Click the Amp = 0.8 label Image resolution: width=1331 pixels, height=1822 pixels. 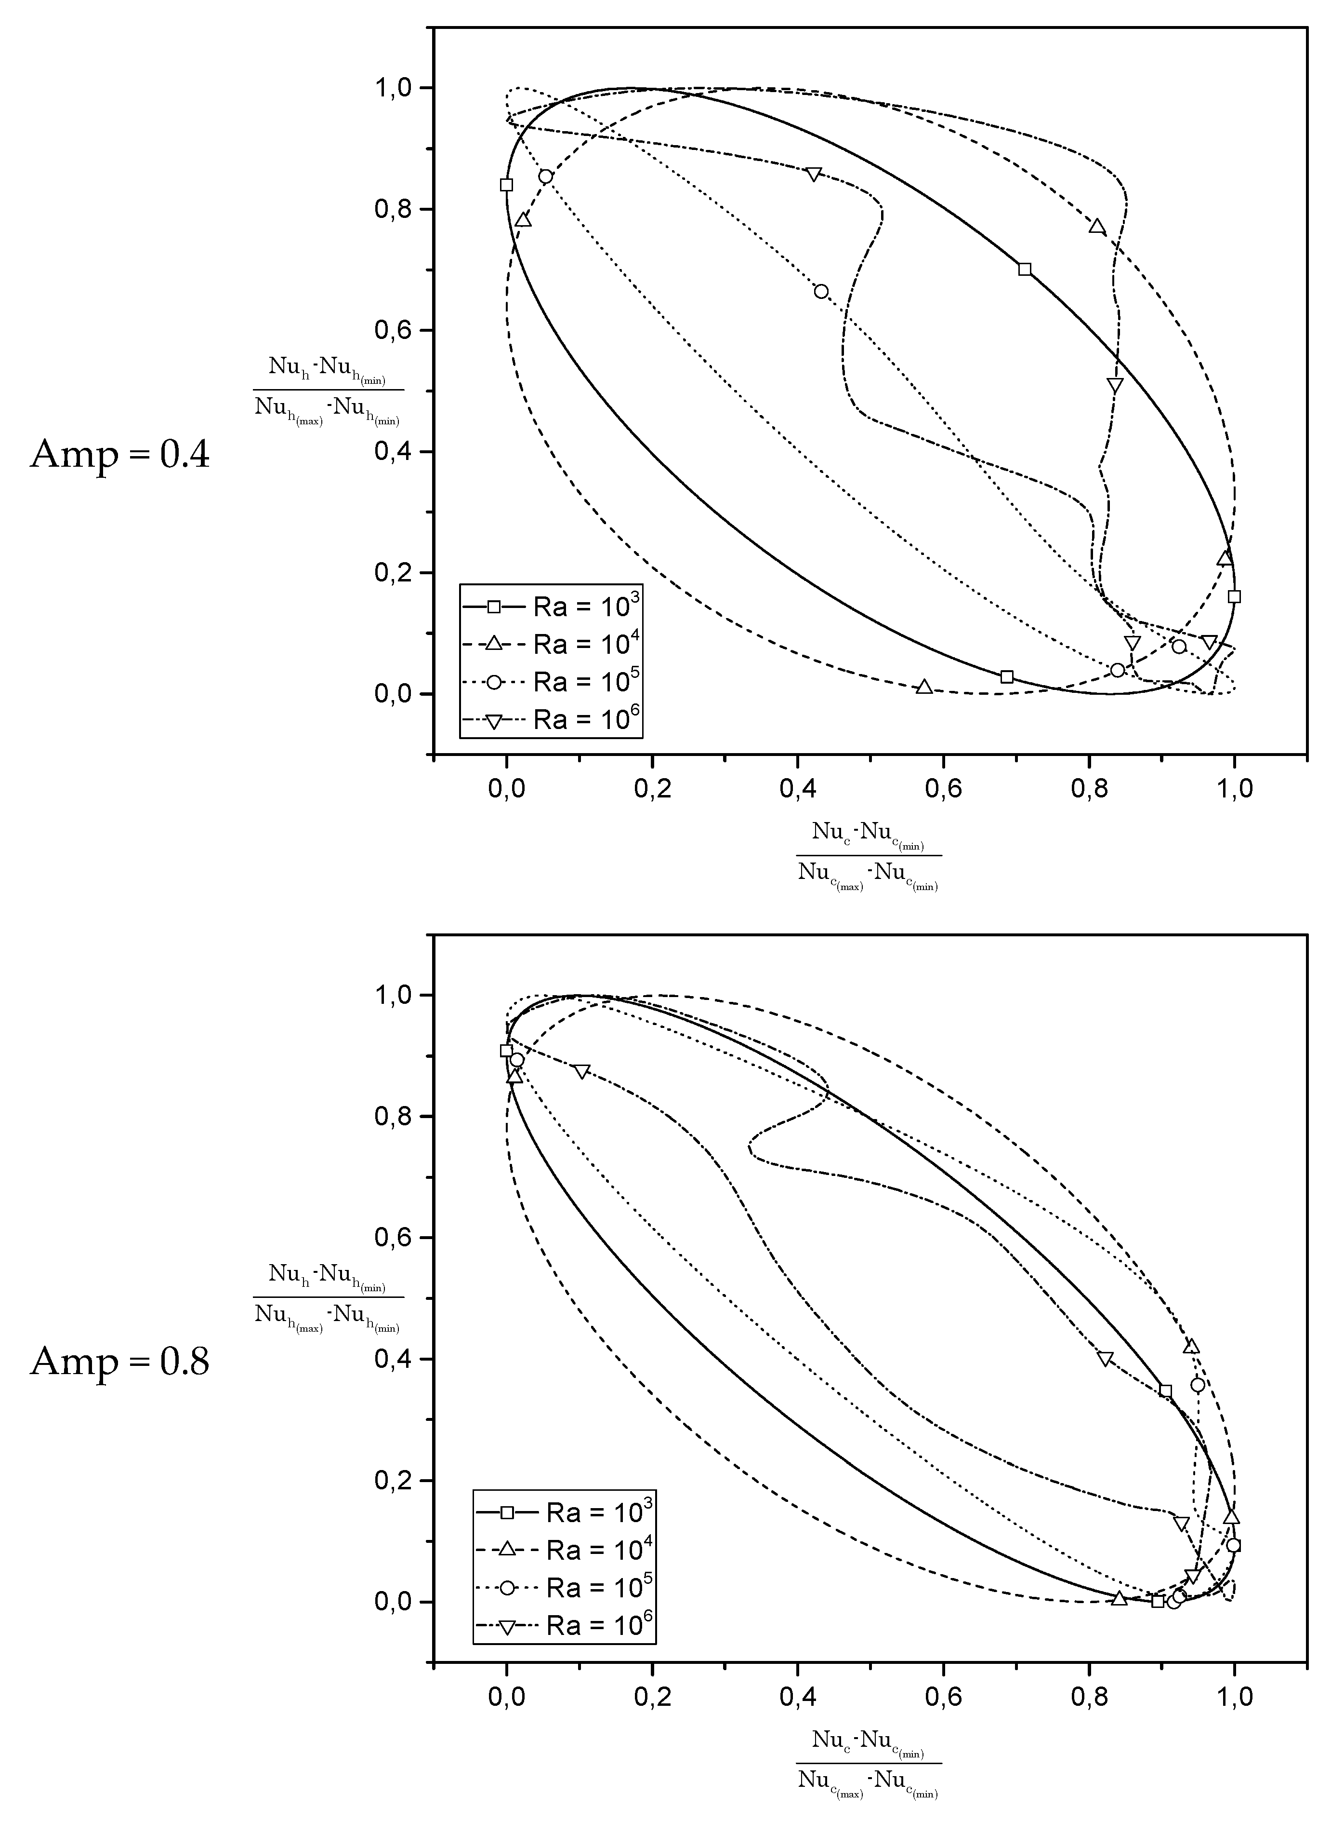click(x=120, y=1362)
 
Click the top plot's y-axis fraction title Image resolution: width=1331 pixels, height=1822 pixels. click(x=328, y=392)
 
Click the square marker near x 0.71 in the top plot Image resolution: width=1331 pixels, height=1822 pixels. click(x=1025, y=269)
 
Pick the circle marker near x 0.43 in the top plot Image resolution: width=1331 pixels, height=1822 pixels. click(x=821, y=292)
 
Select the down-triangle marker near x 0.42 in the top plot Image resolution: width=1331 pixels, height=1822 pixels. click(x=814, y=175)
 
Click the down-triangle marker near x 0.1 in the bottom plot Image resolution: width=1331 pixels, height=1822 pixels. click(x=582, y=1071)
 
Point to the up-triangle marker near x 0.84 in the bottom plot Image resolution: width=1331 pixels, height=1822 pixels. click(x=1119, y=1599)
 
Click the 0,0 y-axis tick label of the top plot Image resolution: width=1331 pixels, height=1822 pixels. click(x=394, y=694)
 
